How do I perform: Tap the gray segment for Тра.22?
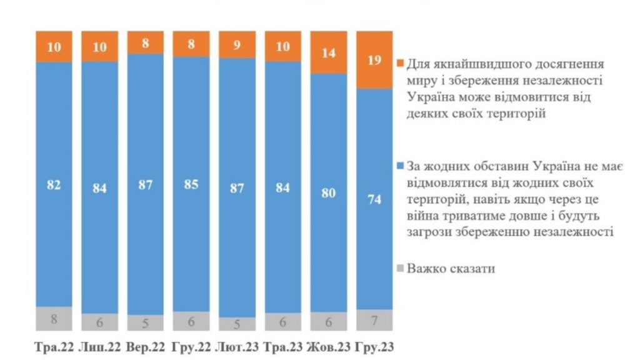coord(54,319)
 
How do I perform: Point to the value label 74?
coord(374,200)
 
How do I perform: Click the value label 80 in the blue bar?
coord(328,194)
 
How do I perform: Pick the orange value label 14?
coord(328,54)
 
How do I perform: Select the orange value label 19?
coord(374,60)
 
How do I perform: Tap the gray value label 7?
coord(374,321)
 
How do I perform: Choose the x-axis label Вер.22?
coord(146,347)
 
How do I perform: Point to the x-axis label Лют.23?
coord(237,347)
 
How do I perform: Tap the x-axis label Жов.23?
coord(329,347)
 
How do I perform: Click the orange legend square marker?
coord(401,64)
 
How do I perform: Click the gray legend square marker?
coord(401,269)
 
